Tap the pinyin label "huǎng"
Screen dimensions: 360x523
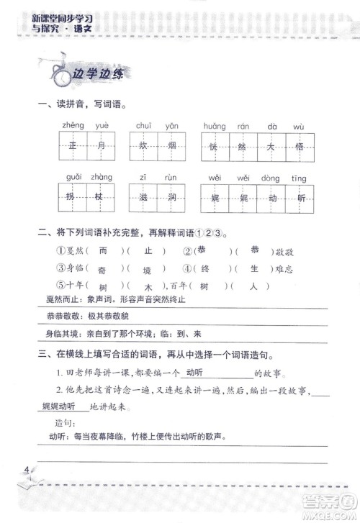[215, 127]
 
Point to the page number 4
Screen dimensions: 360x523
[27, 472]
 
